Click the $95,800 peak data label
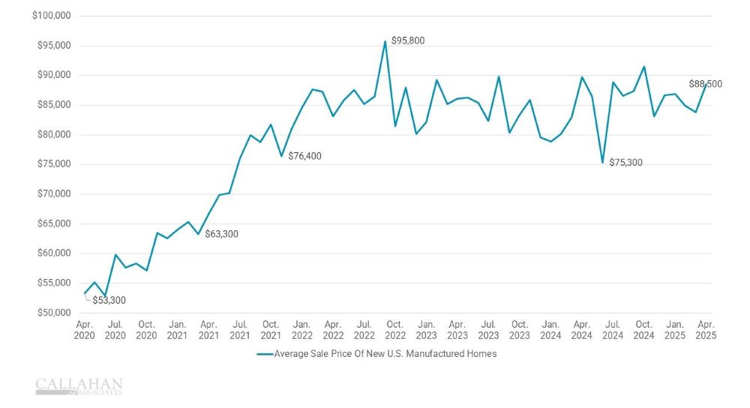(x=408, y=40)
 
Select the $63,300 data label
(x=221, y=234)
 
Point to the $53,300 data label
(x=109, y=300)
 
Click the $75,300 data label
(x=625, y=162)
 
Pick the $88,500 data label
(x=705, y=84)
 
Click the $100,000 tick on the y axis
(x=52, y=16)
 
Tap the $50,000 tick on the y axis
(x=54, y=313)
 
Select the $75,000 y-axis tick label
(x=54, y=164)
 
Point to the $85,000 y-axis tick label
(x=54, y=105)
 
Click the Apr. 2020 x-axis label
(x=84, y=329)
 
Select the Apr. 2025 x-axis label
(x=706, y=329)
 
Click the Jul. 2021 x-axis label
(x=239, y=329)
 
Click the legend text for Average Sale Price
(x=385, y=354)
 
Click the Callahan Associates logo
(x=79, y=385)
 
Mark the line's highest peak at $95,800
(x=385, y=41)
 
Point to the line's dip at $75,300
(x=602, y=163)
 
